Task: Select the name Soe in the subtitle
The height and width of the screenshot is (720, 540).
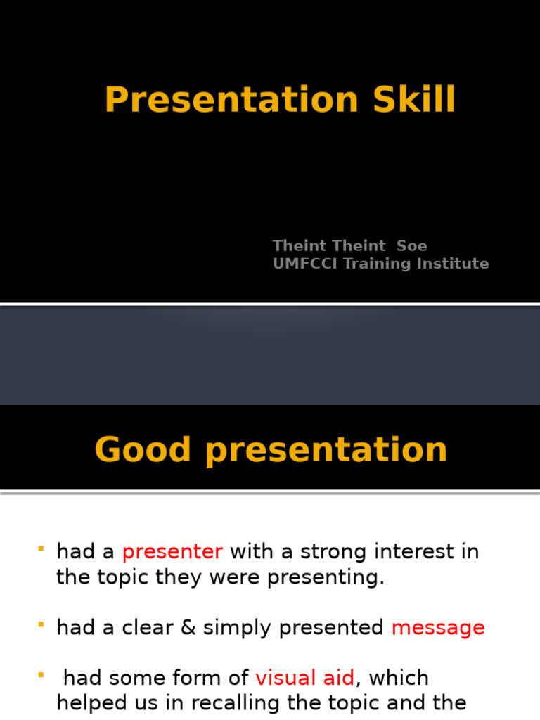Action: click(x=412, y=246)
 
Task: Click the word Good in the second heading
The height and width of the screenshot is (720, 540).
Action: click(x=143, y=450)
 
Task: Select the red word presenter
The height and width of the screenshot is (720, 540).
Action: click(x=172, y=553)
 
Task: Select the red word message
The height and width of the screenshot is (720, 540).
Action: click(x=438, y=629)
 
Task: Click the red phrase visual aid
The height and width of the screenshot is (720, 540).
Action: click(x=305, y=679)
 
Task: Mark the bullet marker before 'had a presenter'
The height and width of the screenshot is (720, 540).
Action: click(x=41, y=548)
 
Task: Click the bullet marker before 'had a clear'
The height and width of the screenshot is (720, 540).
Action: click(x=41, y=624)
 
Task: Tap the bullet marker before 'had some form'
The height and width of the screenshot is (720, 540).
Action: click(x=41, y=674)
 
